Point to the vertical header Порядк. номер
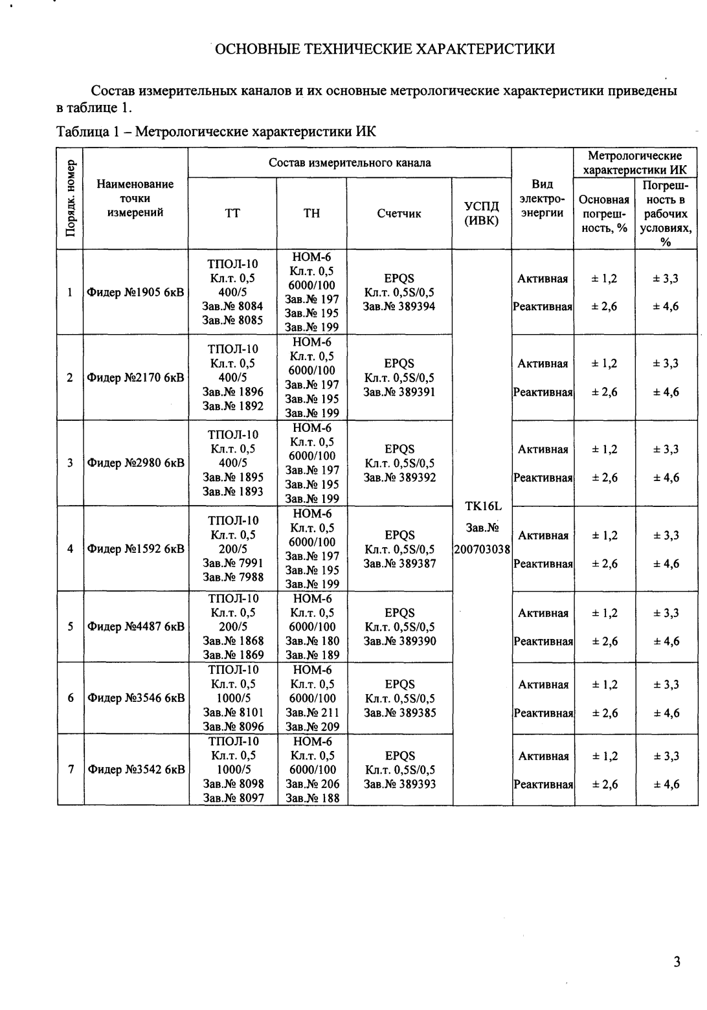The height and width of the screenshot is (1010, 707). click(x=71, y=198)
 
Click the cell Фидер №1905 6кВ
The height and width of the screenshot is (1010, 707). click(x=135, y=293)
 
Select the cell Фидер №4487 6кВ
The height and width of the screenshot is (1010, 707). click(x=136, y=627)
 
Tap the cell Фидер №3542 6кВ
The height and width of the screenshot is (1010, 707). click(x=136, y=770)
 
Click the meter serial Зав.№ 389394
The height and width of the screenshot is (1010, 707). click(x=399, y=306)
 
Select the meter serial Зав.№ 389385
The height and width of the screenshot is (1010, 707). click(x=399, y=713)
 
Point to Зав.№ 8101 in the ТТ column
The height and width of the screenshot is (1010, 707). click(x=233, y=713)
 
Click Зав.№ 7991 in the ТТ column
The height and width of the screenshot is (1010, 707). click(x=233, y=563)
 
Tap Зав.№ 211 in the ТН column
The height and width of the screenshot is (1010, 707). click(x=312, y=713)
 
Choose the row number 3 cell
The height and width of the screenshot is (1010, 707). click(x=70, y=464)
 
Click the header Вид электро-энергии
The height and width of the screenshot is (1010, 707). click(x=543, y=199)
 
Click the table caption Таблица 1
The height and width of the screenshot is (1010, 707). click(x=216, y=132)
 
